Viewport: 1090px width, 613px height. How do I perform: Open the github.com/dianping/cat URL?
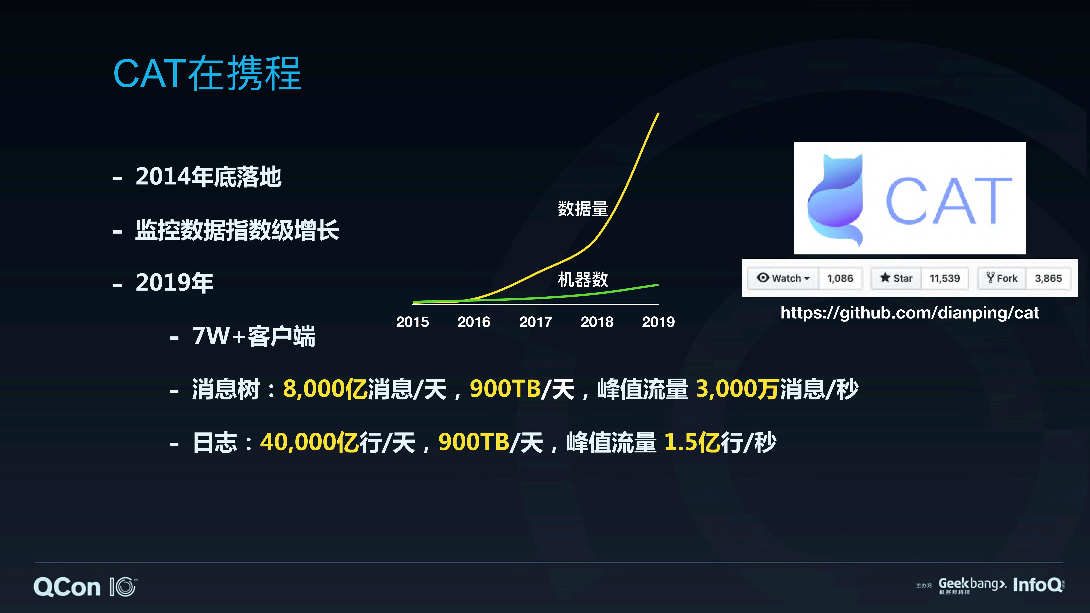point(910,313)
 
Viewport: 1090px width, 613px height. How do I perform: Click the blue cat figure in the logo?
point(836,199)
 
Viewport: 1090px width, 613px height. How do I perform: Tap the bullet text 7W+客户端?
point(254,336)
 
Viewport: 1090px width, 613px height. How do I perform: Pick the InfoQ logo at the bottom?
point(1038,585)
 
